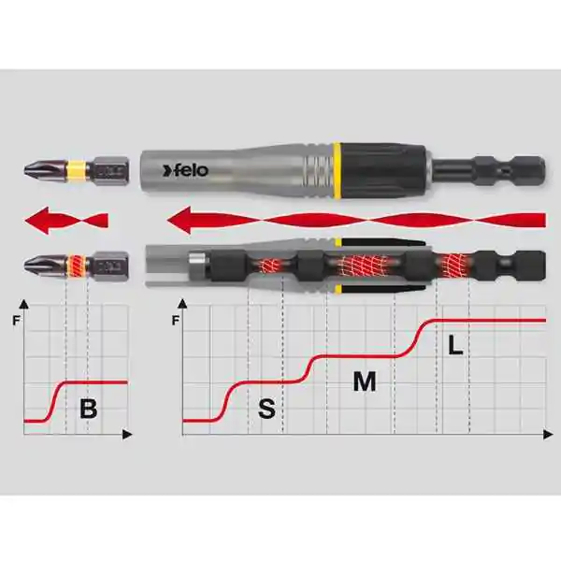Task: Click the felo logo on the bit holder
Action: (x=185, y=170)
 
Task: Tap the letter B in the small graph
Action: (x=89, y=409)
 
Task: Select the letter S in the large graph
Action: (x=266, y=409)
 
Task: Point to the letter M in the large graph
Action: (x=365, y=381)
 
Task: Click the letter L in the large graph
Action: (x=455, y=345)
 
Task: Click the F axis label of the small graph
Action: (x=17, y=320)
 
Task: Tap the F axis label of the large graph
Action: (x=176, y=320)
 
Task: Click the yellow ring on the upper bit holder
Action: (x=336, y=170)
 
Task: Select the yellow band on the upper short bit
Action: (x=77, y=169)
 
